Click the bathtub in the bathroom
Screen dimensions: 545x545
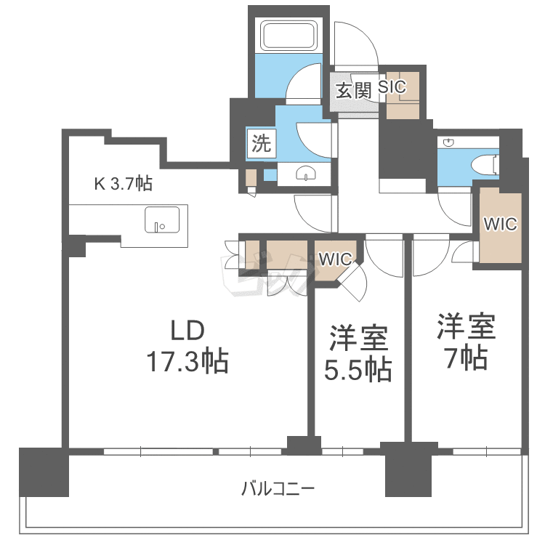288,36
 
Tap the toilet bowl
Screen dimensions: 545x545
485,163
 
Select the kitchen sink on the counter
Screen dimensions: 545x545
162,219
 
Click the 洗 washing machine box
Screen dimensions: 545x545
262,143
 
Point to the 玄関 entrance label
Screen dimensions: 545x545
353,91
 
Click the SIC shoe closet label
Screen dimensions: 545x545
392,87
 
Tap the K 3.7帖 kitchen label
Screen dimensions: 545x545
124,183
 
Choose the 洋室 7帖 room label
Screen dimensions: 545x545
467,341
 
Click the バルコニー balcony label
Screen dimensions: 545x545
278,489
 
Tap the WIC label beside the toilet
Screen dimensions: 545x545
501,225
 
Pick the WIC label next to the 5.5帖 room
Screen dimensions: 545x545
336,259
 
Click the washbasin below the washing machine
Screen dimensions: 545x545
306,174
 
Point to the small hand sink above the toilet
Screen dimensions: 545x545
449,142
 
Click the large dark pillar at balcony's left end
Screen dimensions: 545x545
44,472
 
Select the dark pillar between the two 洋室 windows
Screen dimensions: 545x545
408,469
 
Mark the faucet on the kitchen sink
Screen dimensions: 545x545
157,226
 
